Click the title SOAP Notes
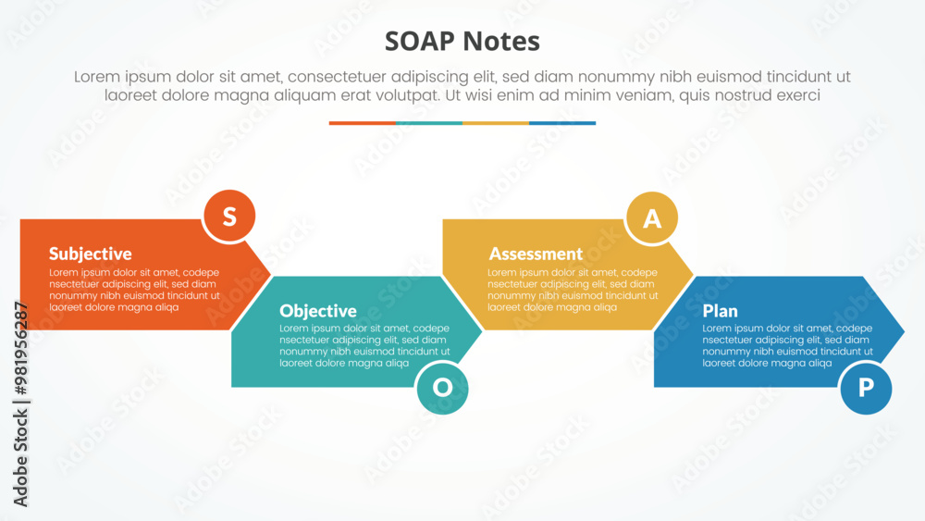pyautogui.click(x=462, y=42)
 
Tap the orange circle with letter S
pyautogui.click(x=229, y=217)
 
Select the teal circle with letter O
pyautogui.click(x=442, y=388)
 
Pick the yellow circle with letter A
pyautogui.click(x=652, y=218)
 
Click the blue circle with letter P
pyautogui.click(x=866, y=388)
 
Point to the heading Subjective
pyautogui.click(x=91, y=254)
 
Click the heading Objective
pyautogui.click(x=318, y=311)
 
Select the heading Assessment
pyautogui.click(x=536, y=254)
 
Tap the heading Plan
pyautogui.click(x=720, y=311)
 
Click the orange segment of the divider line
pyautogui.click(x=362, y=123)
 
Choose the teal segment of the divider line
pyautogui.click(x=428, y=123)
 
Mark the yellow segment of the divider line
pyautogui.click(x=495, y=123)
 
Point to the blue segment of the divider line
pyautogui.click(x=562, y=123)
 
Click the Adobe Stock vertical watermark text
pyautogui.click(x=21, y=403)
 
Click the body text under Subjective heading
pyautogui.click(x=134, y=290)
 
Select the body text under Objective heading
pyautogui.click(x=364, y=346)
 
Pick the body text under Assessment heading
pyautogui.click(x=573, y=290)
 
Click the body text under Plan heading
pyautogui.click(x=787, y=346)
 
